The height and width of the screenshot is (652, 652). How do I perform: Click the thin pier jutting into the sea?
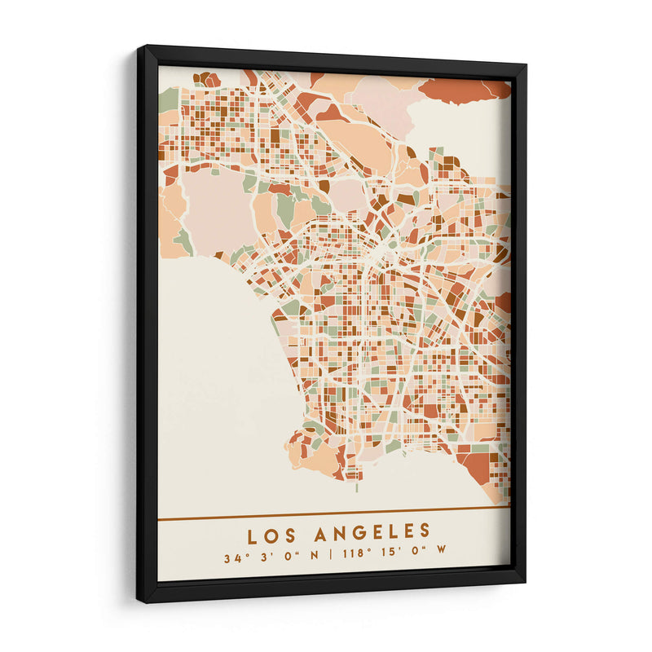(x=356, y=485)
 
